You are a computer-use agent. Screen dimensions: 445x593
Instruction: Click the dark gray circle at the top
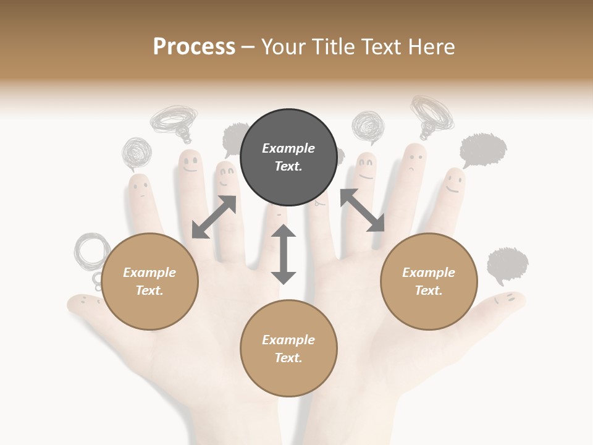coord(288,158)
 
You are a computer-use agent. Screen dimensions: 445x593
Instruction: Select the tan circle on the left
coord(149,282)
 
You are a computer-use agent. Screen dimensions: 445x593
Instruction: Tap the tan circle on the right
coord(429,282)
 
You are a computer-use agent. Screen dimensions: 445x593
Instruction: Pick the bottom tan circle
coord(288,349)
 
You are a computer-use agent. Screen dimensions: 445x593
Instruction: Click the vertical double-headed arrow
coord(284,254)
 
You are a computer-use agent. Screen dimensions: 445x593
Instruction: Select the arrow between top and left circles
coord(214,217)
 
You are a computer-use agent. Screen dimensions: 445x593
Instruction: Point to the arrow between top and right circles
coord(362,211)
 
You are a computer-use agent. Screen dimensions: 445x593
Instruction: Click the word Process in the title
coord(194,47)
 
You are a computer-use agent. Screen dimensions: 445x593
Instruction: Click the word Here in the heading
coord(432,47)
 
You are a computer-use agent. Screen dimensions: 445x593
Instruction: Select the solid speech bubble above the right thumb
coord(507,265)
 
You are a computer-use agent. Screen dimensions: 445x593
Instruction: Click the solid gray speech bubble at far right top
coord(483,150)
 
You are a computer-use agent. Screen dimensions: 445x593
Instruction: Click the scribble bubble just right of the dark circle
coord(368,125)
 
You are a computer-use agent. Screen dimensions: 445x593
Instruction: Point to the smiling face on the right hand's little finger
coord(455,183)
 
